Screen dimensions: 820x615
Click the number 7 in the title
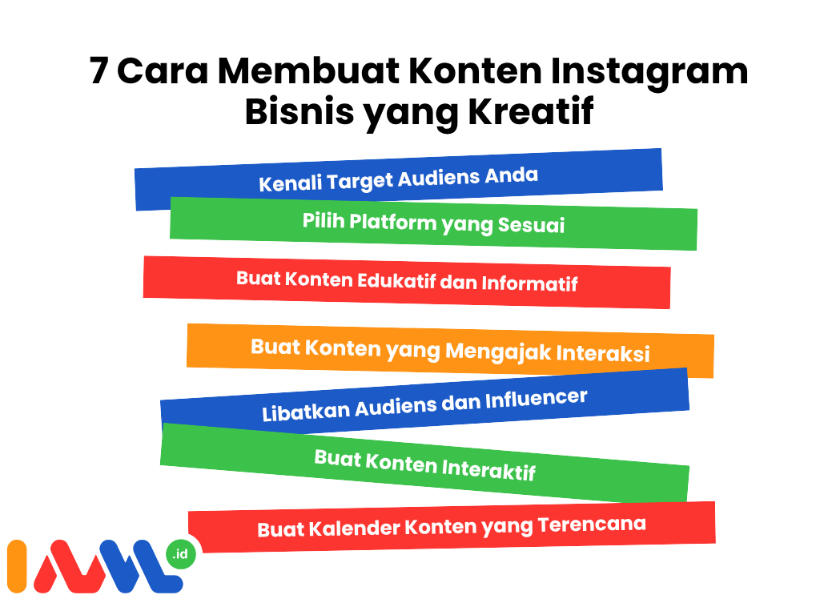pos(98,70)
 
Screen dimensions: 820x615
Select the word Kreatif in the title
pos(531,111)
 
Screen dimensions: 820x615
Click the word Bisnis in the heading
pos(299,112)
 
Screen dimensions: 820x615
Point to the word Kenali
pos(290,183)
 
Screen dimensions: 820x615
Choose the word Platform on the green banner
pos(392,223)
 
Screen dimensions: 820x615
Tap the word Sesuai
pos(531,225)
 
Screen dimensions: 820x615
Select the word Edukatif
pos(396,281)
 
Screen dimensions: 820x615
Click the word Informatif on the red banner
pos(529,283)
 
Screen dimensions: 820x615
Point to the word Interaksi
pos(602,353)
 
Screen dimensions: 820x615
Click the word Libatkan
pos(306,412)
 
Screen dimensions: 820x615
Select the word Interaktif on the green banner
pos(488,468)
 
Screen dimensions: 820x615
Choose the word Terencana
pos(592,525)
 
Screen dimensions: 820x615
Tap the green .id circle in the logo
pos(180,554)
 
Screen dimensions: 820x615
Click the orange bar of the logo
pos(17,566)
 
